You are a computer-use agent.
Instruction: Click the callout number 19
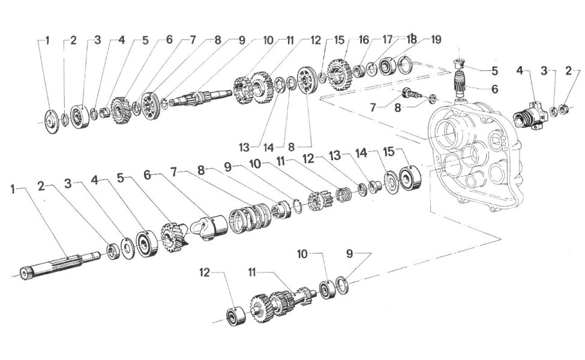coord(436,40)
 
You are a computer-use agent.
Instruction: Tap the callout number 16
coord(364,40)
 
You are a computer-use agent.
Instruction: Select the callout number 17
coord(387,40)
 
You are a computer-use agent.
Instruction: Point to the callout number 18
coord(411,40)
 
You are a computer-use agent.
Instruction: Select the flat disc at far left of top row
coord(51,121)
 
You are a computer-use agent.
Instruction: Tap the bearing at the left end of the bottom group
coord(235,316)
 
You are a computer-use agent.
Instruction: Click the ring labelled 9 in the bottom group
coord(342,285)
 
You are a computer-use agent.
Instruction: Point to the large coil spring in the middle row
coord(248,218)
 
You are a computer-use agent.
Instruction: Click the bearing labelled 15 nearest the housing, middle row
coord(409,178)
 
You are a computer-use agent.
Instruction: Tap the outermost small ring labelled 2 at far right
coord(565,110)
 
